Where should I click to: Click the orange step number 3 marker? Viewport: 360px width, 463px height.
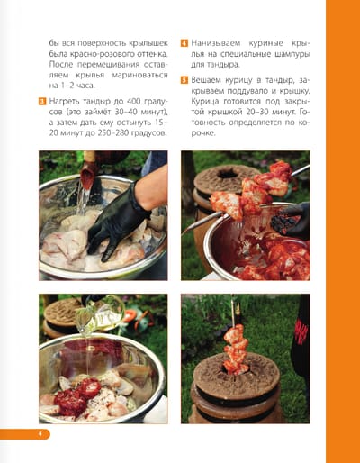click(x=42, y=101)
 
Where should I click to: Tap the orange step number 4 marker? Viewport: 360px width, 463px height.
click(x=184, y=43)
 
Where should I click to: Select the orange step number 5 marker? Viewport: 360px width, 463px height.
click(x=184, y=80)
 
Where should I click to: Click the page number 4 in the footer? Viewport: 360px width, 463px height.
click(x=40, y=434)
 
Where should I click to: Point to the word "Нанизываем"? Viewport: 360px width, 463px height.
click(x=216, y=43)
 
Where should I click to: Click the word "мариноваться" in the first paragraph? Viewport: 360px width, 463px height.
click(x=139, y=75)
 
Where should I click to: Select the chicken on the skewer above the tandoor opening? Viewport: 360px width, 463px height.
click(x=236, y=349)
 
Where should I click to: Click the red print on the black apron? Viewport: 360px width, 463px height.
click(x=301, y=331)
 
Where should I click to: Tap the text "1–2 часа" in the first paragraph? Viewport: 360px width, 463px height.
click(x=72, y=86)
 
